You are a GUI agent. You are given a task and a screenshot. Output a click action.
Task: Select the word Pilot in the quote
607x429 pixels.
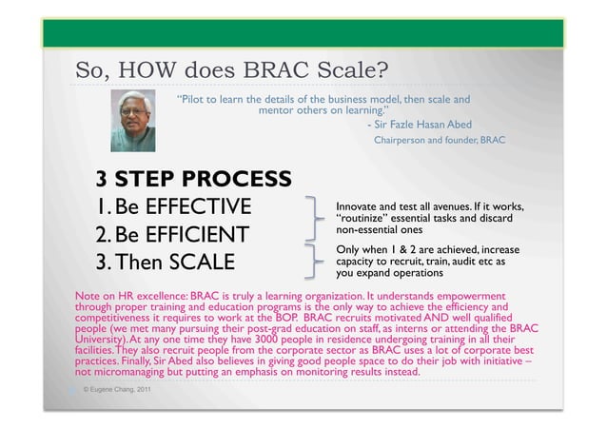point(201,99)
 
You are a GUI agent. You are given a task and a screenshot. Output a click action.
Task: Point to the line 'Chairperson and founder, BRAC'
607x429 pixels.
point(440,141)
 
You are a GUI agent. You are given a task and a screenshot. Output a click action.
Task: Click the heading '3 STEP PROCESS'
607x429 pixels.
point(193,180)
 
